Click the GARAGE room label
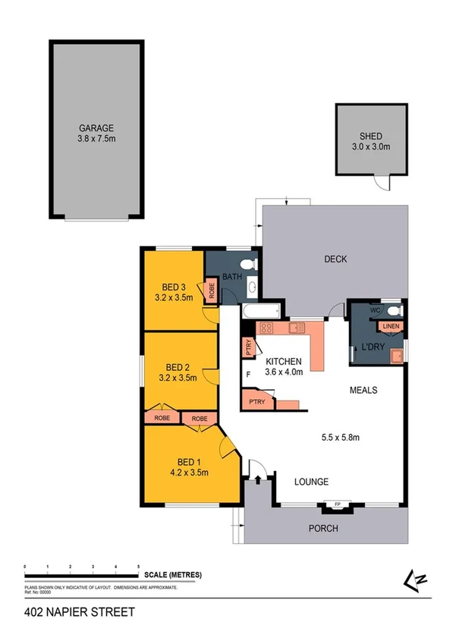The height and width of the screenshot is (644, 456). (x=96, y=128)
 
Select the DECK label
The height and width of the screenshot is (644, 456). (x=335, y=259)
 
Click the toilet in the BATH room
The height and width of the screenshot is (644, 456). (x=253, y=265)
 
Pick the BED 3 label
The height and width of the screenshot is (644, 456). (x=175, y=287)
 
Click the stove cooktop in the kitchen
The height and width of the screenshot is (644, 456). (x=267, y=328)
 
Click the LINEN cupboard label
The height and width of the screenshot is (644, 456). (x=391, y=327)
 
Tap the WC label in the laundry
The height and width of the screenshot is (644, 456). (x=374, y=311)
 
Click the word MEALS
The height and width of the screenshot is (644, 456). (x=363, y=390)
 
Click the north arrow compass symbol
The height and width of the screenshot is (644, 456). (x=416, y=580)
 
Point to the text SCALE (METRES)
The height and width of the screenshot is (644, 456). (x=175, y=575)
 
